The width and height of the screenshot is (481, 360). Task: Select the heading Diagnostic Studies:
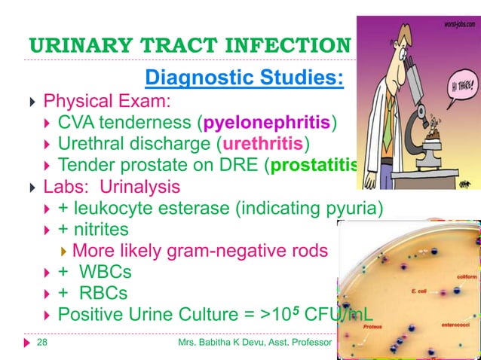coord(245,78)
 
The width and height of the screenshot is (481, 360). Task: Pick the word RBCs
coord(103,293)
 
